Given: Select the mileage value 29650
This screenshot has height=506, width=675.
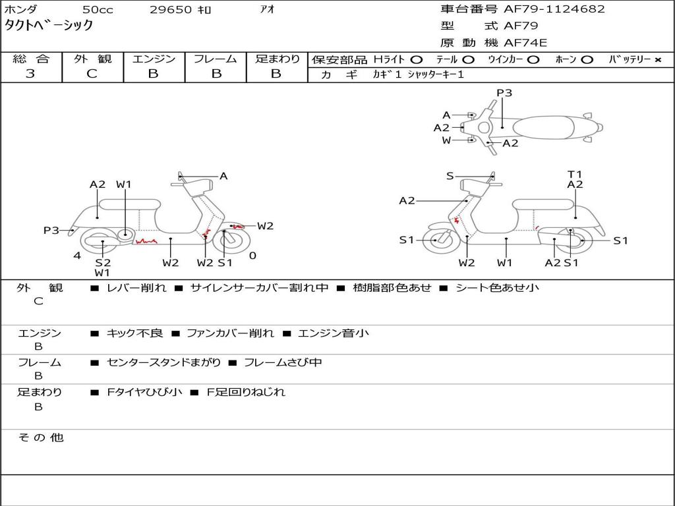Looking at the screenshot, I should (170, 10).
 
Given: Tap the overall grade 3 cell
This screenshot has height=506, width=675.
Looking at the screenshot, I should (30, 74).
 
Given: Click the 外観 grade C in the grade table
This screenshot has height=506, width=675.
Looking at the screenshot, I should (92, 74).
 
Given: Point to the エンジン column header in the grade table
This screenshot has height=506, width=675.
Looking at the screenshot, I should (154, 59).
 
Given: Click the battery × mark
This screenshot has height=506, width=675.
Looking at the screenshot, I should (657, 60).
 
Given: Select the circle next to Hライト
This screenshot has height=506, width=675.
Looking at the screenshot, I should (416, 60).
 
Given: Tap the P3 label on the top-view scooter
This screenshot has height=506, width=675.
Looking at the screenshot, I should (504, 93).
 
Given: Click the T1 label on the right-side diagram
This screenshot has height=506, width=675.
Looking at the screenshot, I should (575, 175).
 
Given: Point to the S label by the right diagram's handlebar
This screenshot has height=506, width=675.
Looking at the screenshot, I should (450, 176).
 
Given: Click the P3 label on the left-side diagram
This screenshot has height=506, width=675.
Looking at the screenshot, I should (51, 231).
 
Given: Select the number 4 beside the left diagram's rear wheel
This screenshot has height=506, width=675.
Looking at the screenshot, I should (77, 256).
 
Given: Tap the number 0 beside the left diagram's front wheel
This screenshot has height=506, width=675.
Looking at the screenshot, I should (252, 256).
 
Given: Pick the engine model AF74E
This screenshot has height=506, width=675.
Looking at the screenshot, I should (525, 43).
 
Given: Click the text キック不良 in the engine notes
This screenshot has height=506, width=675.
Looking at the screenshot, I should (134, 333).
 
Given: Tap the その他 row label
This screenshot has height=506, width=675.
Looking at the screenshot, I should (40, 437).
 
